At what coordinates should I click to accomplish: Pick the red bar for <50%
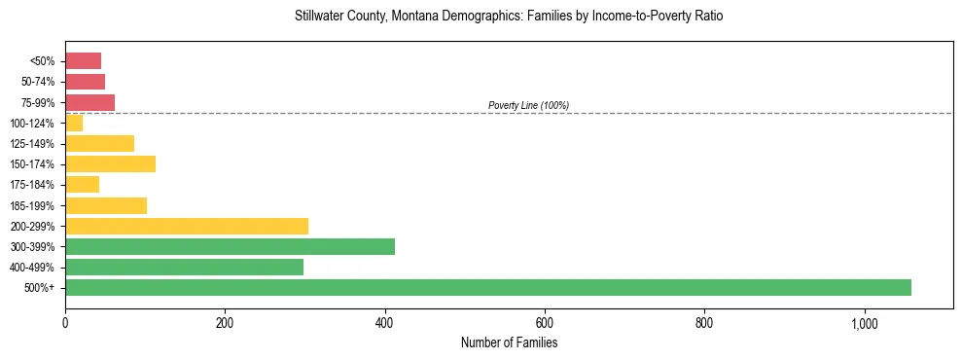[83, 61]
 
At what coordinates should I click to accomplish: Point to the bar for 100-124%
[74, 123]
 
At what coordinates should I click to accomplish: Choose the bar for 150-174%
[110, 163]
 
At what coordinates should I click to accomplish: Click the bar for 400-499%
[184, 267]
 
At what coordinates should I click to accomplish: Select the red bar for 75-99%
[89, 102]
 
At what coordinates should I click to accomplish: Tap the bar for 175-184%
[82, 184]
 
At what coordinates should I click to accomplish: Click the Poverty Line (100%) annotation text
[528, 105]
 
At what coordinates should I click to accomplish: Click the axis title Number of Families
[509, 342]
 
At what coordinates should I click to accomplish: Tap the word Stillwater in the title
[317, 17]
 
